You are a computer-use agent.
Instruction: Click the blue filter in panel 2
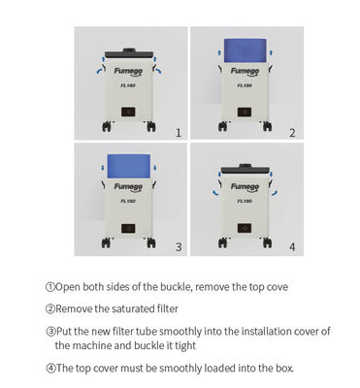245,50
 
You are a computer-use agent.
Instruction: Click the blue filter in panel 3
129,166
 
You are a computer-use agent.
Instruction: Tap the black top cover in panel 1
129,53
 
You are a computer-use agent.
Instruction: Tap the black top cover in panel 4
245,169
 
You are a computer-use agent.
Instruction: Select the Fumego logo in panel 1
128,72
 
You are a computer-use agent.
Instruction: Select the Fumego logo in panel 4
245,187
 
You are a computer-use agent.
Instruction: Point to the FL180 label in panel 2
245,85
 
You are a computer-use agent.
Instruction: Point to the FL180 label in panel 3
128,201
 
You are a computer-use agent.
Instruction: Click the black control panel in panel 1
128,112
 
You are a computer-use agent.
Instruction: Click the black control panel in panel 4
245,228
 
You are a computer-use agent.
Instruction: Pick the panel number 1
179,133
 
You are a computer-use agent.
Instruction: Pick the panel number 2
292,133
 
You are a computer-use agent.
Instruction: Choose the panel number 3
179,247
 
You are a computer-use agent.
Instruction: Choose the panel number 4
292,247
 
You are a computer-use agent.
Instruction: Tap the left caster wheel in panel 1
107,126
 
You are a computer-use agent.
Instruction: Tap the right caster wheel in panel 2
267,126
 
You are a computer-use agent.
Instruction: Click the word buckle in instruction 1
177,287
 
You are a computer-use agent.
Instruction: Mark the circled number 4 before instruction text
50,369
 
